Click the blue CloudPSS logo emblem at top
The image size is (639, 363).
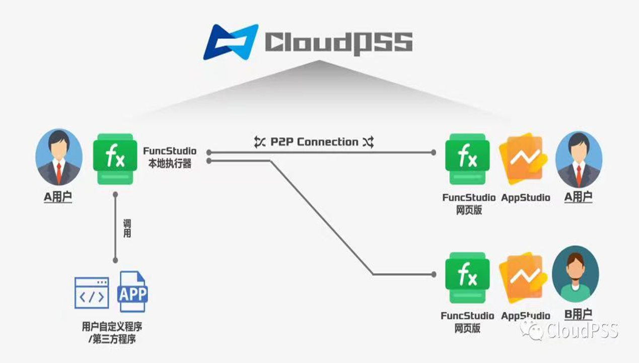[231, 41]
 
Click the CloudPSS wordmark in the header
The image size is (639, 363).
[338, 42]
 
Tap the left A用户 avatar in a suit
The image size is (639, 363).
[58, 158]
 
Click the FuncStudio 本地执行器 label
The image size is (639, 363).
[170, 157]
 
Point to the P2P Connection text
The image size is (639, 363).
[314, 142]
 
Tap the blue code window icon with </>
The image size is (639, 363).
[92, 293]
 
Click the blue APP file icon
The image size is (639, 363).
[132, 291]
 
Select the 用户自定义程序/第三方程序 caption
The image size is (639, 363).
[115, 332]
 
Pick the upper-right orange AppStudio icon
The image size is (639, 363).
[523, 158]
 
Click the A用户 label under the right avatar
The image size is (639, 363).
[579, 197]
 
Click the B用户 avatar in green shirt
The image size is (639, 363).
[575, 275]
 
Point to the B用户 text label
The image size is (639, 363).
[578, 315]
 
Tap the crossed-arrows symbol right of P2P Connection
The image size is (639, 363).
[368, 142]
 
